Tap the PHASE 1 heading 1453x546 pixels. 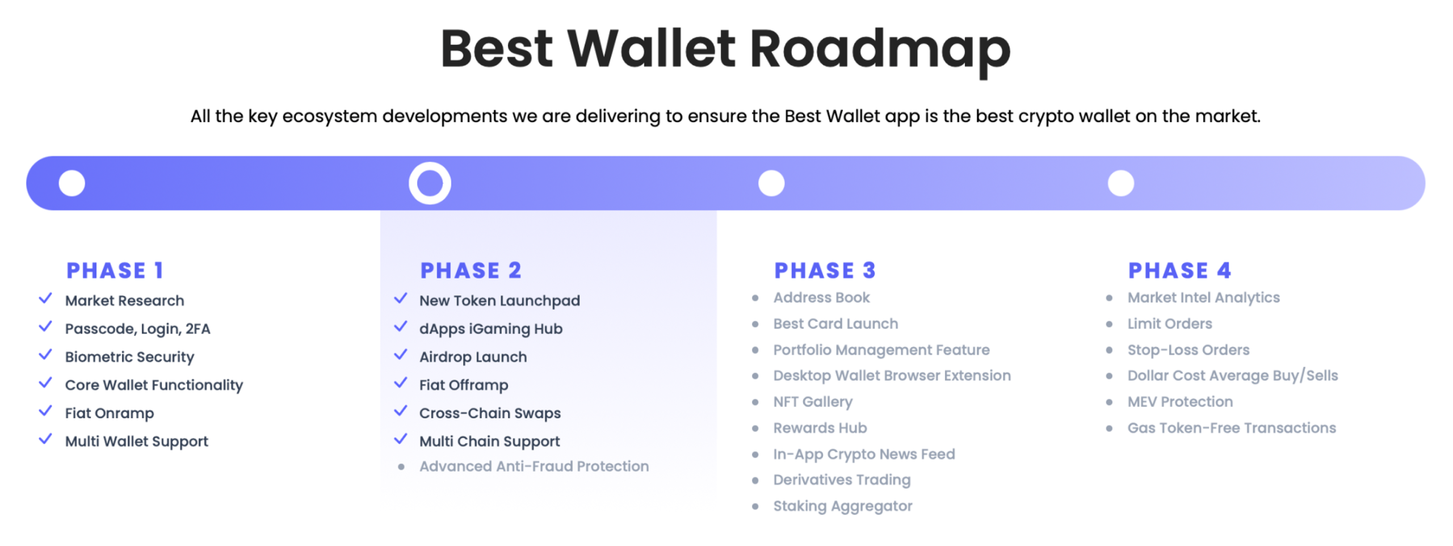point(115,270)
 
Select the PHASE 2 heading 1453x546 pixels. point(471,270)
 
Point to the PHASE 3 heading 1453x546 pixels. point(825,270)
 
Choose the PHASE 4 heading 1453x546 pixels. point(1179,270)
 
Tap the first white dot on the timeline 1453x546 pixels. point(72,183)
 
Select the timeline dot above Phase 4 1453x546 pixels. point(1120,183)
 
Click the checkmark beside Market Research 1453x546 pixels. point(45,298)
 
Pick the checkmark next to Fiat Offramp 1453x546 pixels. point(401,383)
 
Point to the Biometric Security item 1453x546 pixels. point(129,357)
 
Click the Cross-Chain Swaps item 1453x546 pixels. point(490,413)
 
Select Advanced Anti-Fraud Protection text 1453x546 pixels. point(534,466)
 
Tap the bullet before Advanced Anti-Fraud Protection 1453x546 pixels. point(401,467)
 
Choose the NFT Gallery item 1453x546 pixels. point(813,402)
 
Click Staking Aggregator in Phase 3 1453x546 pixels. point(843,506)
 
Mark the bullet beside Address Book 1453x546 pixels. point(755,298)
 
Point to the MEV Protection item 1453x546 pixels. point(1180,402)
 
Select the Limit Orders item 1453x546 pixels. point(1169,324)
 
